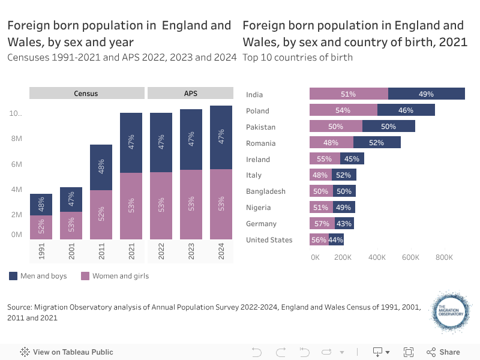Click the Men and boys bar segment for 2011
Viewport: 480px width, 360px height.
[101, 167]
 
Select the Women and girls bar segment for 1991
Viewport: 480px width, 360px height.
[41, 227]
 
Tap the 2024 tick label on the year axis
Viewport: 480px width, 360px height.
[221, 251]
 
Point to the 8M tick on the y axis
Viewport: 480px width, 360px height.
[16, 139]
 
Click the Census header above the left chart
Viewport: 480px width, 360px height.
[86, 94]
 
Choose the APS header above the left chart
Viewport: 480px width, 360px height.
[190, 94]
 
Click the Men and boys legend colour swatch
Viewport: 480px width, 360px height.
[13, 276]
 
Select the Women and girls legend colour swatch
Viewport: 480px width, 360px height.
[85, 276]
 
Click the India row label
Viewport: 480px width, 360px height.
[254, 94]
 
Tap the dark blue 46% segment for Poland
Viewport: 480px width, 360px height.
[406, 110]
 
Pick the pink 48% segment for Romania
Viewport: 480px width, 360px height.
[331, 143]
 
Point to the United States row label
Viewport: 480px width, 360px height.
[269, 240]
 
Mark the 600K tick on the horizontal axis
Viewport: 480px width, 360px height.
[410, 257]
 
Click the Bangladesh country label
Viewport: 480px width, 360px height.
[266, 191]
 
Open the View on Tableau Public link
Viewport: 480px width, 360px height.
[67, 352]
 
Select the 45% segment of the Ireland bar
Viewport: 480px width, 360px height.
[352, 159]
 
